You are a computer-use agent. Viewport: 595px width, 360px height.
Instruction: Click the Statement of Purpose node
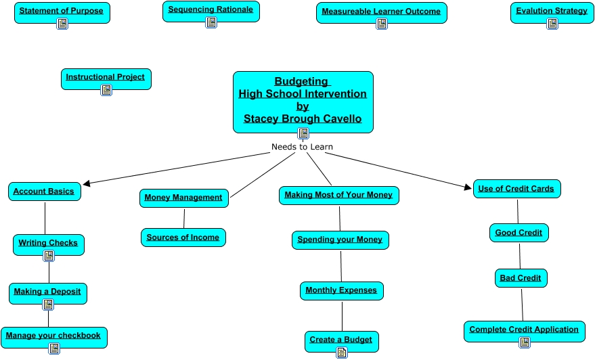pyautogui.click(x=62, y=11)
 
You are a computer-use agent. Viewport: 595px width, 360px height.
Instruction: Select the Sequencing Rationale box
pyautogui.click(x=211, y=9)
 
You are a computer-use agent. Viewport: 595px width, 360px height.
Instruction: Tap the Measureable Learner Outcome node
pyautogui.click(x=381, y=12)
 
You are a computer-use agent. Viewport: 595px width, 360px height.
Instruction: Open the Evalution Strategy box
pyautogui.click(x=552, y=11)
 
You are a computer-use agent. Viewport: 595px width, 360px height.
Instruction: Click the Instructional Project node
pyautogui.click(x=106, y=77)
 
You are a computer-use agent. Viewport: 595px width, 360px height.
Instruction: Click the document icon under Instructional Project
pyautogui.click(x=106, y=89)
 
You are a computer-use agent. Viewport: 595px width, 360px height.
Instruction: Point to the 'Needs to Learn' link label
pyautogui.click(x=302, y=147)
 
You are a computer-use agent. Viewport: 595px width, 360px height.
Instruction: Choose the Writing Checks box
pyautogui.click(x=48, y=242)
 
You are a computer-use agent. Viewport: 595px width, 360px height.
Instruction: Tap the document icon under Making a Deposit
pyautogui.click(x=48, y=304)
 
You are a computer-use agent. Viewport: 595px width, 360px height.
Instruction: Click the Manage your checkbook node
pyautogui.click(x=53, y=335)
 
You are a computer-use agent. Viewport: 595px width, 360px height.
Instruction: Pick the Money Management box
pyautogui.click(x=183, y=198)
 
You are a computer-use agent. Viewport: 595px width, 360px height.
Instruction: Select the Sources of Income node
pyautogui.click(x=183, y=238)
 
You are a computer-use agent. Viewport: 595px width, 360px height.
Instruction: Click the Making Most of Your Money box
pyautogui.click(x=338, y=195)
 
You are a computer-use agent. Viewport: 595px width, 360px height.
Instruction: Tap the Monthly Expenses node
pyautogui.click(x=341, y=290)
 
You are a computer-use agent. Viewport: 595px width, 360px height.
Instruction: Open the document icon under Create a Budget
pyautogui.click(x=342, y=352)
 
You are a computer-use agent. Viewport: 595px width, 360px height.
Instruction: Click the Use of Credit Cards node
pyautogui.click(x=516, y=189)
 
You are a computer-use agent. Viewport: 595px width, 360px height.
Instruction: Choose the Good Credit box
pyautogui.click(x=519, y=233)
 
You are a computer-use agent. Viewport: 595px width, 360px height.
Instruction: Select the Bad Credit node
pyautogui.click(x=520, y=278)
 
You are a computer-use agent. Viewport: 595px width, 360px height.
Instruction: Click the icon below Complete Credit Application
pyautogui.click(x=525, y=342)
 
